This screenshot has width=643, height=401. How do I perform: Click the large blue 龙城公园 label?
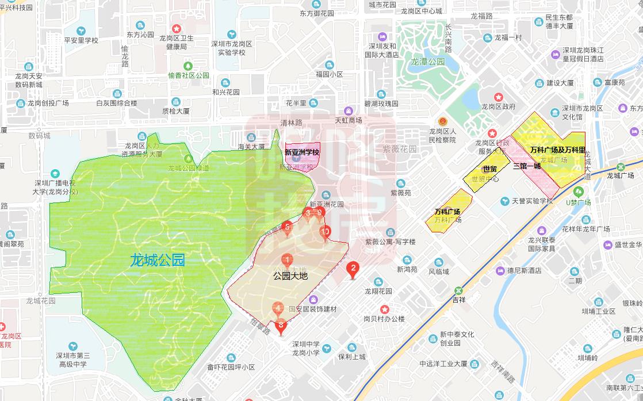[157, 260]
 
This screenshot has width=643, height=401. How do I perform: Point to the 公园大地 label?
[290, 276]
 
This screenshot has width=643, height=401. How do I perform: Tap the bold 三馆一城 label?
[527, 166]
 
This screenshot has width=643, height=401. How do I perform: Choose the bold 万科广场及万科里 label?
[557, 150]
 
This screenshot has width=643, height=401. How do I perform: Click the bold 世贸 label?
[489, 169]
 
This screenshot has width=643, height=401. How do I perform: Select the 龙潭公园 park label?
[427, 62]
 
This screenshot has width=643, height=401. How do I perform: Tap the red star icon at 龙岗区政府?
[499, 97]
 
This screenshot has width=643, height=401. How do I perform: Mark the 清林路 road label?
[291, 123]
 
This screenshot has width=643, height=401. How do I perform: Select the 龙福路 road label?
[481, 16]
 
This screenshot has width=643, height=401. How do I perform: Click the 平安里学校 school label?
[81, 40]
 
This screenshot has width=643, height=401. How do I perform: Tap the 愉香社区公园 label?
[189, 75]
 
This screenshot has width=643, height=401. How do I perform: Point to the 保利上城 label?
[352, 357]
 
